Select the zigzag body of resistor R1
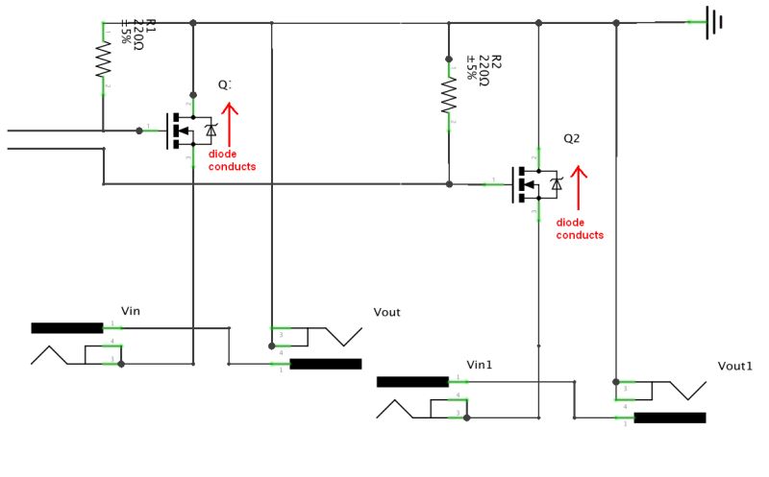pyautogui.click(x=103, y=62)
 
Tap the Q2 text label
pyautogui.click(x=571, y=138)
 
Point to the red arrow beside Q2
pyautogui.click(x=579, y=188)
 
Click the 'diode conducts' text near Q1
pyautogui.click(x=232, y=161)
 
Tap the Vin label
pyautogui.click(x=132, y=310)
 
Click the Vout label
pyautogui.click(x=386, y=312)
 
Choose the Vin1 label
pyautogui.click(x=480, y=365)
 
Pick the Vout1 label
pyautogui.click(x=735, y=367)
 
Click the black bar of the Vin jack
pyautogui.click(x=66, y=327)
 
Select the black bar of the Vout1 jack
pyautogui.click(x=670, y=417)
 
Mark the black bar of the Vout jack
pyautogui.click(x=325, y=364)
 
